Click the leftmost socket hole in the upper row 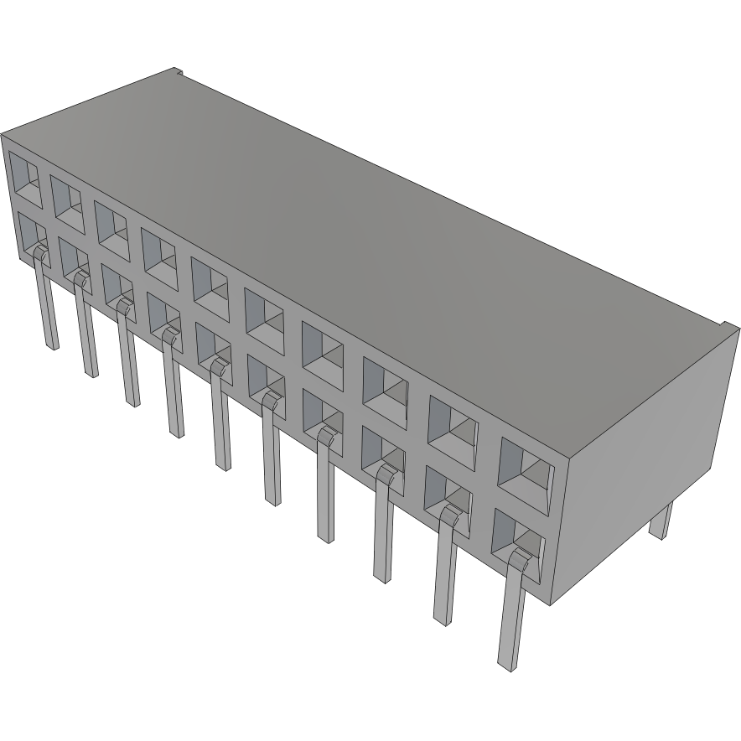click(24, 179)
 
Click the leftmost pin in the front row click(47, 302)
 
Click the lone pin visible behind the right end click(661, 520)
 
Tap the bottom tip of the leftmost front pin click(53, 345)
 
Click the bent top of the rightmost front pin click(521, 559)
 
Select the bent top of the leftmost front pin click(39, 251)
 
